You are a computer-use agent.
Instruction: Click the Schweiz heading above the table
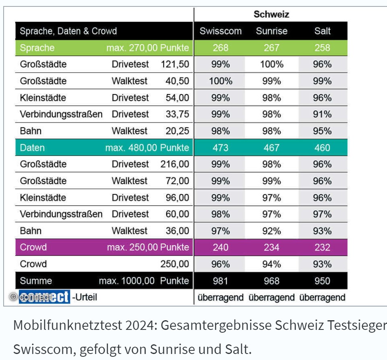[271, 15]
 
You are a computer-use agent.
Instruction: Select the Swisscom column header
[220, 31]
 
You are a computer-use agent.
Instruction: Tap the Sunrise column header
[272, 31]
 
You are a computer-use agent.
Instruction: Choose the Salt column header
[322, 31]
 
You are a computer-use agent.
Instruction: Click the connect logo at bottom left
[44, 297]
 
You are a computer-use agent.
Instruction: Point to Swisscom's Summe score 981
[220, 281]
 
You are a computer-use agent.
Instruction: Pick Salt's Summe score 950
[322, 281]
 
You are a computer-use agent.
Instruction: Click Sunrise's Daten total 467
[272, 148]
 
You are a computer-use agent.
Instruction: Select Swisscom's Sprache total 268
[220, 48]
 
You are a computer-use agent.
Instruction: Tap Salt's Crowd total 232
[322, 247]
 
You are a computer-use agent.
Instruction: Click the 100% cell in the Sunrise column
[272, 64]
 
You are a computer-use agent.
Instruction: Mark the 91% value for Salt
[322, 115]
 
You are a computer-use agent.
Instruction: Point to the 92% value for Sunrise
[272, 231]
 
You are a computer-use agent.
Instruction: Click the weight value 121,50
[175, 64]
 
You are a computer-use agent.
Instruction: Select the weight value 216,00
[175, 164]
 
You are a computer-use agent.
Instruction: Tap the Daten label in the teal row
[32, 148]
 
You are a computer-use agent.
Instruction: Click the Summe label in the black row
[36, 281]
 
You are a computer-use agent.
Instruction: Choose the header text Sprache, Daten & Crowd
[68, 31]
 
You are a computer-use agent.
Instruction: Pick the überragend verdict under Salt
[322, 298]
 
